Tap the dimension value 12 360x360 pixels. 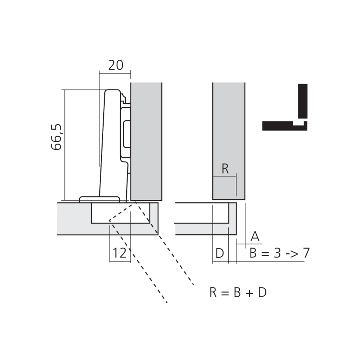[x=120, y=253]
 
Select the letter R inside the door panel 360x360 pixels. [x=225, y=169]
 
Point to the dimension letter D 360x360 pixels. [x=220, y=254]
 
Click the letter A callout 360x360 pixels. [x=255, y=237]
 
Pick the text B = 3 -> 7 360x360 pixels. [x=279, y=253]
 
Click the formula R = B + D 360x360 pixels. [x=238, y=292]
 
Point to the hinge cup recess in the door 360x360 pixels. [x=121, y=213]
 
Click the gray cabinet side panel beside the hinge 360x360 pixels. [x=146, y=140]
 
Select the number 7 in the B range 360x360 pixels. [x=305, y=253]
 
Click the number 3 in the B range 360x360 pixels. [x=276, y=253]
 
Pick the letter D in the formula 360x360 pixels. [x=262, y=292]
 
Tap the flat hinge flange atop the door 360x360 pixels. [x=100, y=199]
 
